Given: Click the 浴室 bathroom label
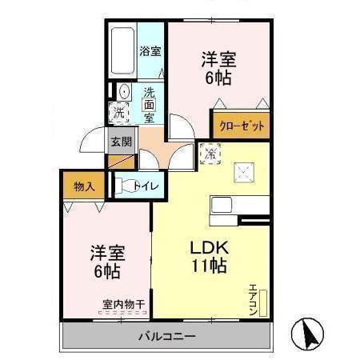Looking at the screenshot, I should [150, 52].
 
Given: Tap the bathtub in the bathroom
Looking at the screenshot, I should [123, 51].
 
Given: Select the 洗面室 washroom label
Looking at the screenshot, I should [149, 104].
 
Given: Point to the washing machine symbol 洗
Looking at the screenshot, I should [119, 110].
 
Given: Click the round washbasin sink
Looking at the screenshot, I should [124, 90].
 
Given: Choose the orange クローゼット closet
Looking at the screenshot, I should [241, 126].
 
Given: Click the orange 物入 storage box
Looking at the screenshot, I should [84, 186].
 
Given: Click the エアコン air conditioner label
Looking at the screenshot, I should [253, 301].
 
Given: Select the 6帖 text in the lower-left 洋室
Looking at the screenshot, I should [106, 271].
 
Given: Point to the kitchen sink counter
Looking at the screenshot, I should [223, 210].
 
